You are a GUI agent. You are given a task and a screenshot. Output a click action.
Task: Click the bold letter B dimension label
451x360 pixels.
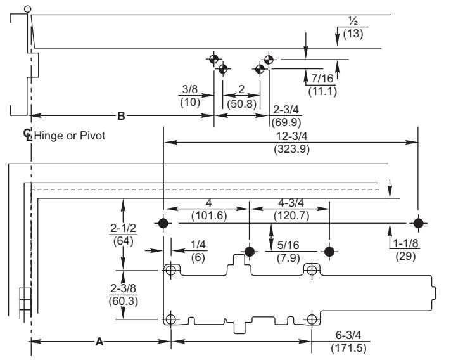tap(121, 116)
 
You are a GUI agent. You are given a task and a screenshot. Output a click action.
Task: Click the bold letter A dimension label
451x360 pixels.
tap(99, 342)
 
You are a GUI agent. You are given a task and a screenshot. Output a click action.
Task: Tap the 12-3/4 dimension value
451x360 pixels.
tap(291, 136)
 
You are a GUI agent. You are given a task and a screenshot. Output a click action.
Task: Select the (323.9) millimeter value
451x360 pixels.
tap(291, 150)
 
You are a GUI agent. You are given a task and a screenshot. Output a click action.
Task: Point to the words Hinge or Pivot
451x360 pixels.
tap(70, 136)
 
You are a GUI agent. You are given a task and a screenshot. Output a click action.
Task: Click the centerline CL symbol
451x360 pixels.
tap(27, 134)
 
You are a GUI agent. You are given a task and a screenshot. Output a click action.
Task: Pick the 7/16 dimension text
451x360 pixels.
tap(322, 78)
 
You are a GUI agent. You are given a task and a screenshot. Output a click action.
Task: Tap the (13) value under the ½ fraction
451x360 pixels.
tap(353, 34)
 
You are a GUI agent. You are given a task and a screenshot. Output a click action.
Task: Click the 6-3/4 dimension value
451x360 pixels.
tap(348, 335)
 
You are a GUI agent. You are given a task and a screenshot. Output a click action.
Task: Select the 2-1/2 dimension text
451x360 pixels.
tap(123, 228)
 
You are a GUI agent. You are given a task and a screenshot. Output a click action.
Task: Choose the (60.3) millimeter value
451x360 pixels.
tap(124, 301)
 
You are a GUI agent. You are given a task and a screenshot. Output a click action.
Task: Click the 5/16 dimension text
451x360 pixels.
tap(288, 245)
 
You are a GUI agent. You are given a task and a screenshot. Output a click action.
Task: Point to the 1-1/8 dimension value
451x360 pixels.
tap(405, 243)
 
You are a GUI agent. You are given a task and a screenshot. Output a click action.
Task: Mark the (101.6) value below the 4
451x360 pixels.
tap(209, 215)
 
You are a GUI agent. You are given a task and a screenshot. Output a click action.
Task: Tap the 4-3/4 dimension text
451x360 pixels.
tap(291, 203)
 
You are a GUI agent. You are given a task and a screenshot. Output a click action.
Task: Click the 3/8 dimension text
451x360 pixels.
tap(190, 89)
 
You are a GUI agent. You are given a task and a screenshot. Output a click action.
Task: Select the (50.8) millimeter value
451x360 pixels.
tap(241, 103)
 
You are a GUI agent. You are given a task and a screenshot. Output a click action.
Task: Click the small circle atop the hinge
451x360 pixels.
tap(27, 10)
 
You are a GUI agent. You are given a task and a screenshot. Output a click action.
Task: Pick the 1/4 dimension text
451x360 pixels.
tap(198, 245)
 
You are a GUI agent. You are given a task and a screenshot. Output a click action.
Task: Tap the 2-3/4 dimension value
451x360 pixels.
tap(286, 110)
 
